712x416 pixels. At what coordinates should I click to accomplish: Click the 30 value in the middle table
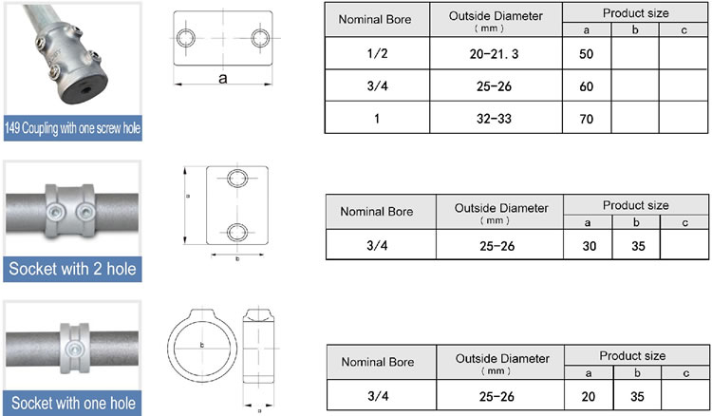[588, 245]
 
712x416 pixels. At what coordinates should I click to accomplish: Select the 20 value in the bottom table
[588, 397]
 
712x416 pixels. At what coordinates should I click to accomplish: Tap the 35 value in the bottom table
[636, 397]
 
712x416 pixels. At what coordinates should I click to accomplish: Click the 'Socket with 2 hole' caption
[72, 270]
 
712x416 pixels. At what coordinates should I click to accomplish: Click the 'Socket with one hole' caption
[72, 404]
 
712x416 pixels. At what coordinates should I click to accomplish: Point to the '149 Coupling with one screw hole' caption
[72, 128]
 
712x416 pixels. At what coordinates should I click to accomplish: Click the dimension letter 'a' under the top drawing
[223, 80]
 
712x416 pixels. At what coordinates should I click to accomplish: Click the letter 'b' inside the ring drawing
[201, 345]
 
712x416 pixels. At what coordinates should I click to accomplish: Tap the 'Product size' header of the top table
[635, 13]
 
